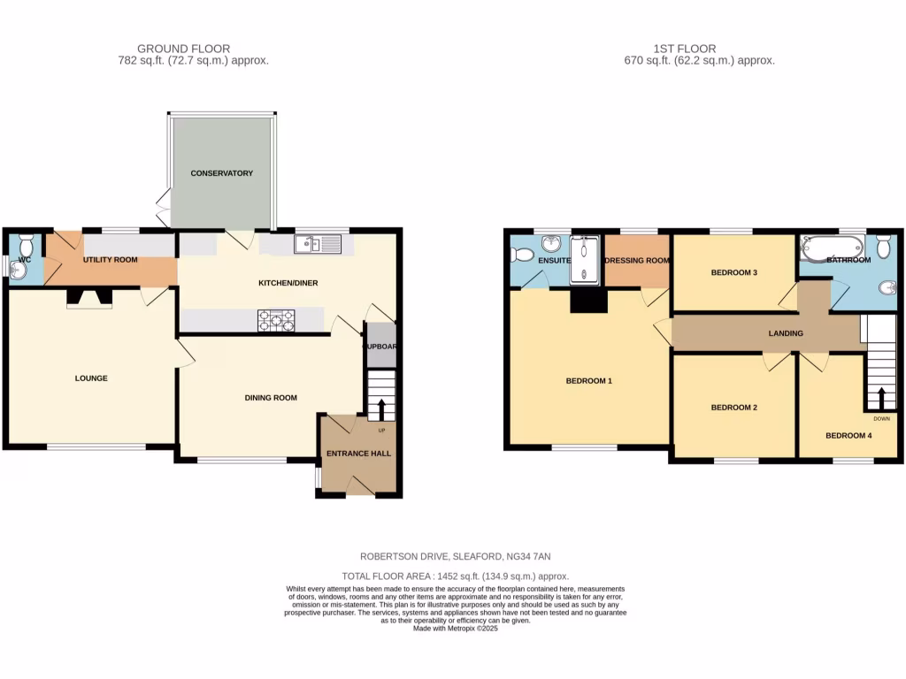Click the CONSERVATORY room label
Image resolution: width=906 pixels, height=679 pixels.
pos(222,173)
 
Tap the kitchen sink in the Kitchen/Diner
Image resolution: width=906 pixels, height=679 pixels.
pos(318,243)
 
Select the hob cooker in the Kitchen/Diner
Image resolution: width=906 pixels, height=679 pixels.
pos(276,321)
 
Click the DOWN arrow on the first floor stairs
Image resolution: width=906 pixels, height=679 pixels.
pos(881,396)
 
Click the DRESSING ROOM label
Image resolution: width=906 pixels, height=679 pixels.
pos(637,261)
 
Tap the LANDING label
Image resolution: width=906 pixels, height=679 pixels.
pos(786,333)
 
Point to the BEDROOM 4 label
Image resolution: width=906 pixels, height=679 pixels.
pos(848,435)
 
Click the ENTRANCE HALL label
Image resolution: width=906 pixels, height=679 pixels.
pos(358,454)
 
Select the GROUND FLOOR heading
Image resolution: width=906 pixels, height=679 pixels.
pos(184,49)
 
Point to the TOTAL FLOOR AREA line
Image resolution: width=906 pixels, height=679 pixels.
pos(456,576)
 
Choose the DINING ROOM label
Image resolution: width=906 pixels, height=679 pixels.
pos(271,398)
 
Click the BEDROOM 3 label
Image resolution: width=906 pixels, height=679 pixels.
pos(734,272)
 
